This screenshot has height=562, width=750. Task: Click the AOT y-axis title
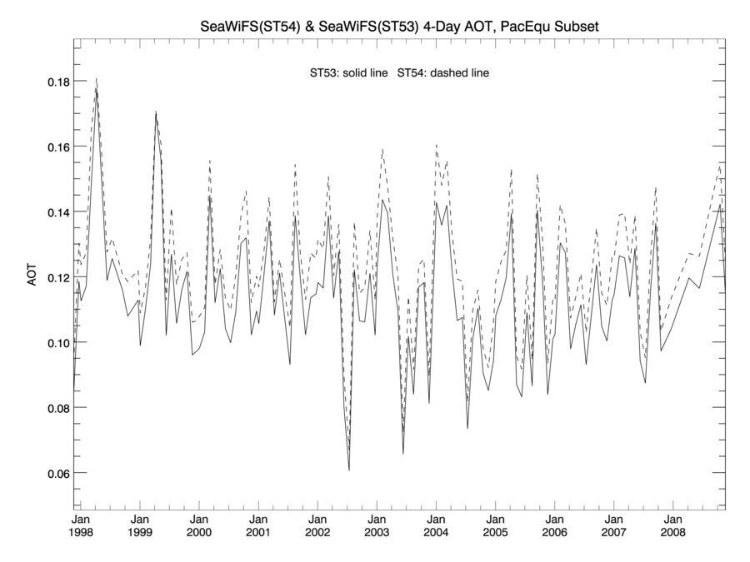(32, 277)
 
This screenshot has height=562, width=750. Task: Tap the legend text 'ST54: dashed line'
(443, 73)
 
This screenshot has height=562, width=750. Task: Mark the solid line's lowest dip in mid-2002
(349, 470)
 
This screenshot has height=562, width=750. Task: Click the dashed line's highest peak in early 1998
(97, 79)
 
